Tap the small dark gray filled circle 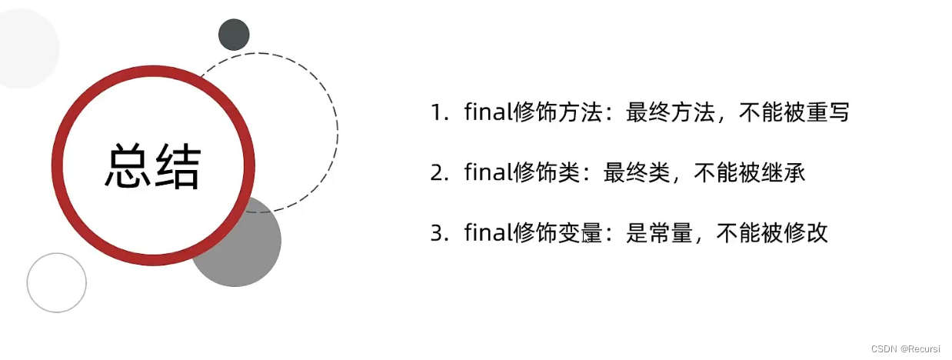(234, 35)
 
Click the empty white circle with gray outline (57, 282)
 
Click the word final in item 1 (486, 113)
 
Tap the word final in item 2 (486, 173)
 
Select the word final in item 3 (486, 233)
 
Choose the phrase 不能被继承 (749, 173)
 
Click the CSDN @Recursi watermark (905, 348)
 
